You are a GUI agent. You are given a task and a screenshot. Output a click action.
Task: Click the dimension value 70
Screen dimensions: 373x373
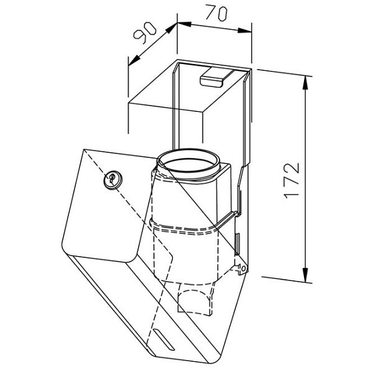(216, 13)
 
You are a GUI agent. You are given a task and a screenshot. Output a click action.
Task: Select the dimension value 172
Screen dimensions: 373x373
(292, 180)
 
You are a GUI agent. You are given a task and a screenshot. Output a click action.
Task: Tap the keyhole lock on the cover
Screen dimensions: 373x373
(113, 180)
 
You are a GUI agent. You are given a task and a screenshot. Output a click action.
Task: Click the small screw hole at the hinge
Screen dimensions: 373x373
(243, 269)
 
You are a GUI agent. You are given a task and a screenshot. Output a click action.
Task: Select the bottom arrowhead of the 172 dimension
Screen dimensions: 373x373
(305, 275)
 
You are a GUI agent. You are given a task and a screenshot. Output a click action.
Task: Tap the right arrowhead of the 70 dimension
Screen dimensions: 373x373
(244, 30)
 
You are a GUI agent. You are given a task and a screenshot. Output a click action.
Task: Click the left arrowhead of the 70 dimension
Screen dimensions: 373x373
(185, 24)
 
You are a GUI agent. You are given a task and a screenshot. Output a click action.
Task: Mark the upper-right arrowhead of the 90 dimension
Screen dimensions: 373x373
(172, 29)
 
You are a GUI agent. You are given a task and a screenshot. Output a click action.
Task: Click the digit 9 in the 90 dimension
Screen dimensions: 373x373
(139, 37)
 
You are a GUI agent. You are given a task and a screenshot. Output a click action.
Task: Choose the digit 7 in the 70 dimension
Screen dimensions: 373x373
(211, 12)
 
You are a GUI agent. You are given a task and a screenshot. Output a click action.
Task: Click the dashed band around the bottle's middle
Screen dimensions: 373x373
(185, 228)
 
